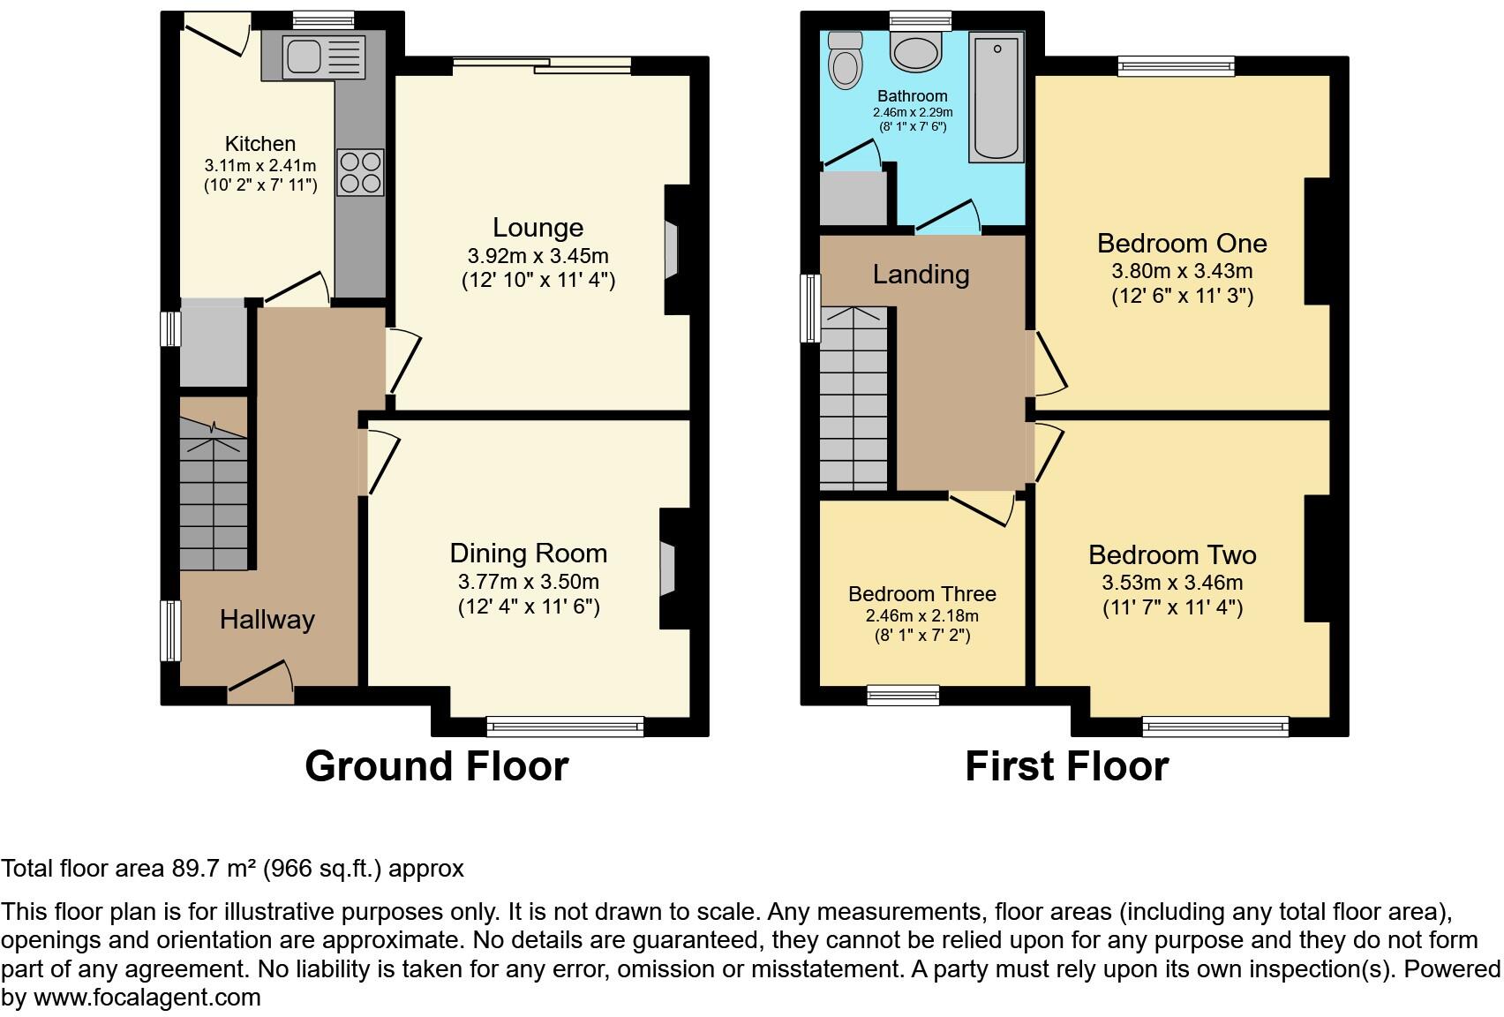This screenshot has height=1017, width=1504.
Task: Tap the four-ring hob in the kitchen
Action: pyautogui.click(x=361, y=172)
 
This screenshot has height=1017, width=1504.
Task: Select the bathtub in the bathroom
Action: pyautogui.click(x=996, y=97)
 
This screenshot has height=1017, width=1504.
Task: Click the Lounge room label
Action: pyautogui.click(x=538, y=228)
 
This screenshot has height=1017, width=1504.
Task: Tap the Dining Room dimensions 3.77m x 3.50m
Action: pyautogui.click(x=528, y=583)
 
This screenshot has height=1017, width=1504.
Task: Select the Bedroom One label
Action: pyautogui.click(x=1182, y=244)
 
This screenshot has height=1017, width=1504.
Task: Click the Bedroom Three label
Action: pyautogui.click(x=921, y=594)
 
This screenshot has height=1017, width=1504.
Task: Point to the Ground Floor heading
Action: pyautogui.click(x=436, y=766)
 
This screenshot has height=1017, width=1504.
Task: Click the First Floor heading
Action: pyautogui.click(x=1066, y=766)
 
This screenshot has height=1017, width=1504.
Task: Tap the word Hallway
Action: pyautogui.click(x=267, y=620)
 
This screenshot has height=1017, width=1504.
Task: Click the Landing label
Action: pyautogui.click(x=921, y=275)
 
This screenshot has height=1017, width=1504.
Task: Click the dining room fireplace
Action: pyautogui.click(x=668, y=570)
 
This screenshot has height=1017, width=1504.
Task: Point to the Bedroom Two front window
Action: pyautogui.click(x=1215, y=727)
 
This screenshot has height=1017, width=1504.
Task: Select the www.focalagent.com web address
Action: pyautogui.click(x=147, y=998)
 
